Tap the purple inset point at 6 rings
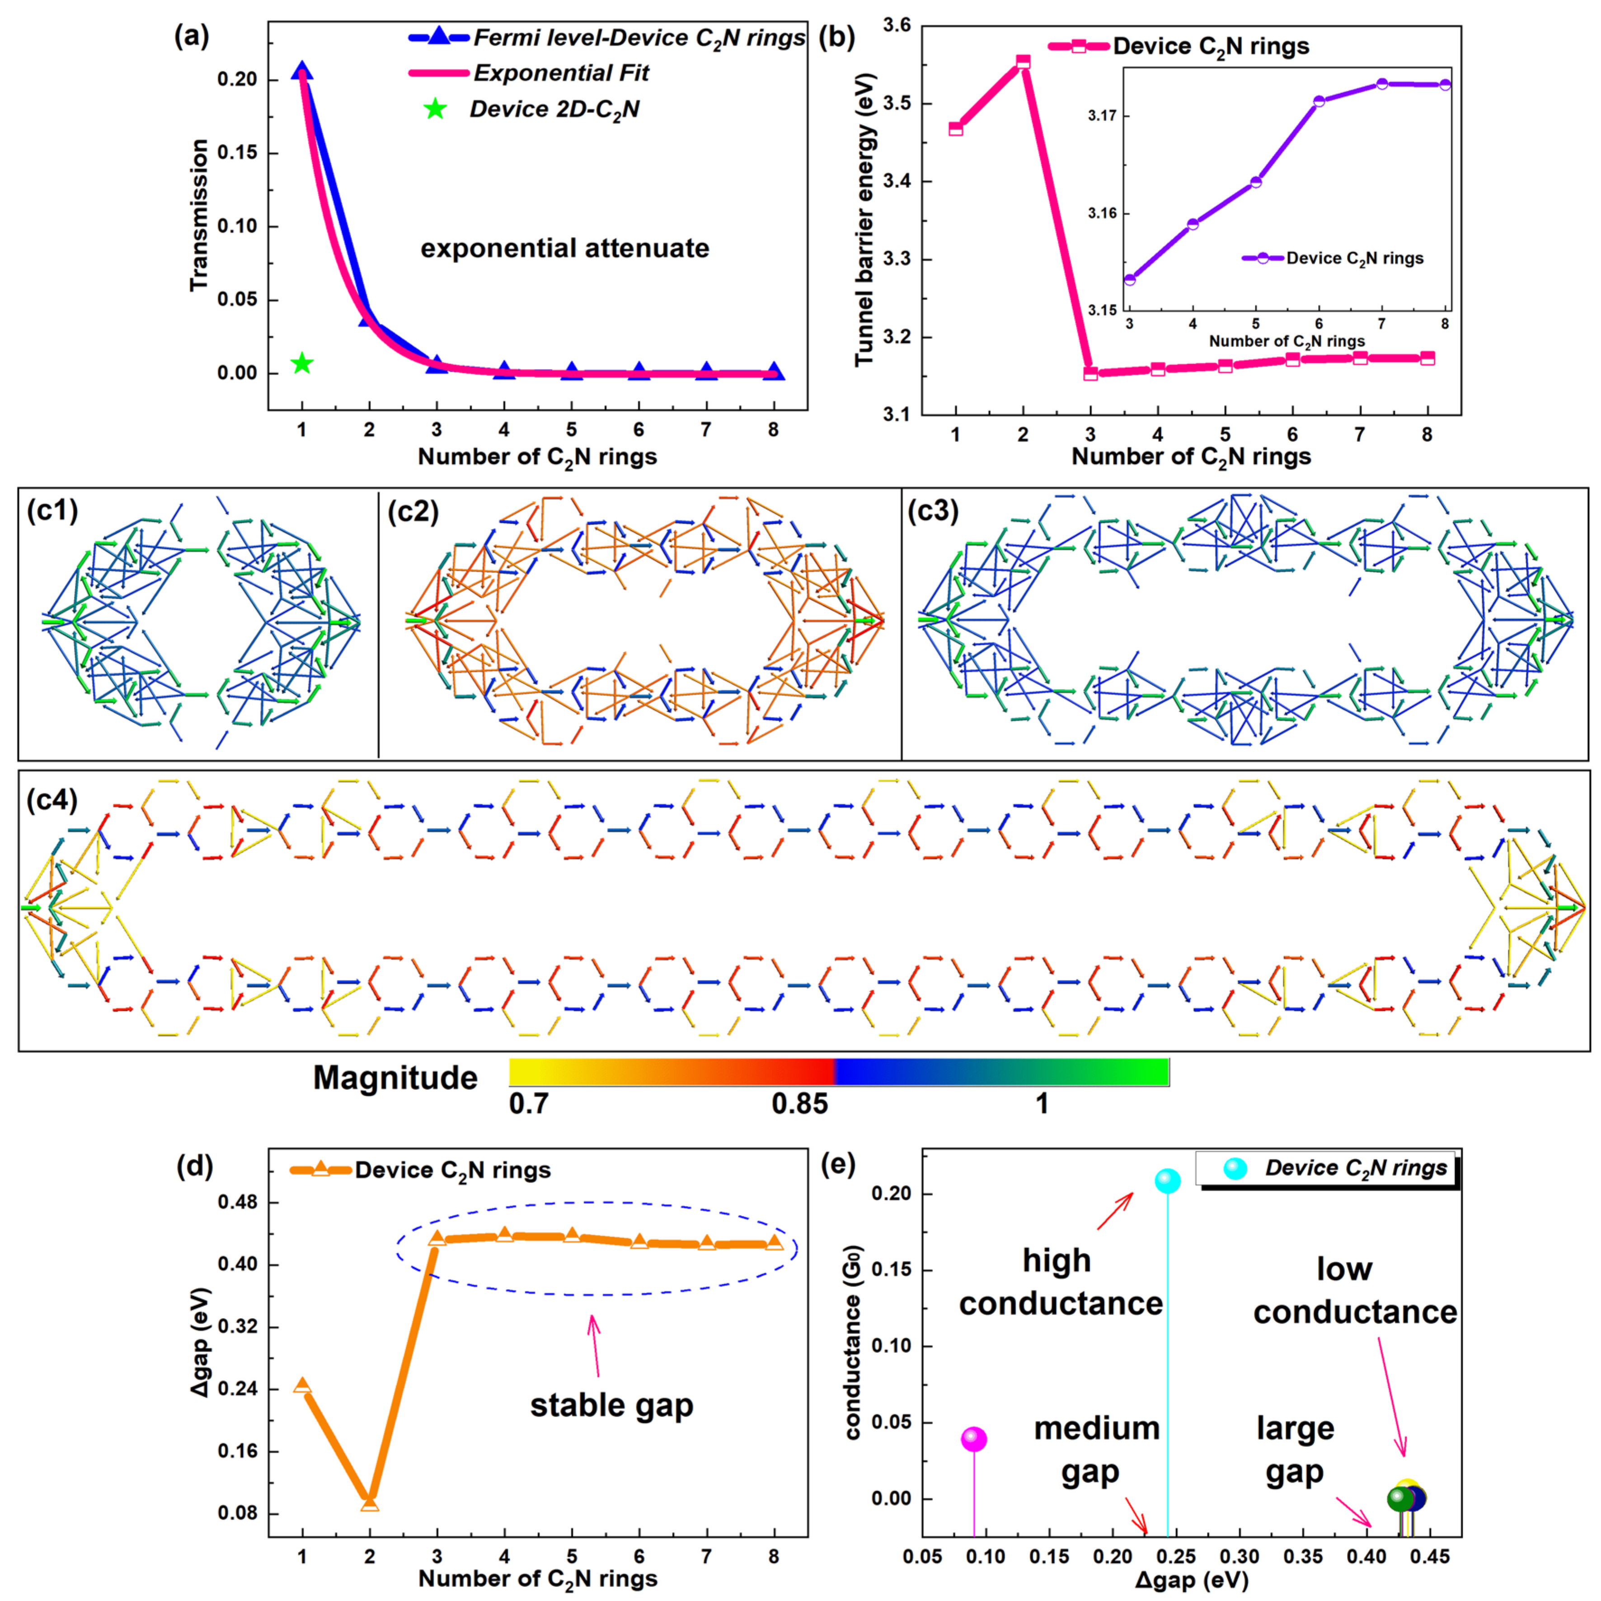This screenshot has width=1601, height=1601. click(x=1319, y=101)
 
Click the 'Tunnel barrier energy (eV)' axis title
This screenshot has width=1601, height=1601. click(x=864, y=220)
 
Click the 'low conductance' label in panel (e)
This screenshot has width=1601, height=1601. click(x=1354, y=1290)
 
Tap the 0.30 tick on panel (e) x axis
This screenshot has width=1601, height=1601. click(x=1239, y=1556)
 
